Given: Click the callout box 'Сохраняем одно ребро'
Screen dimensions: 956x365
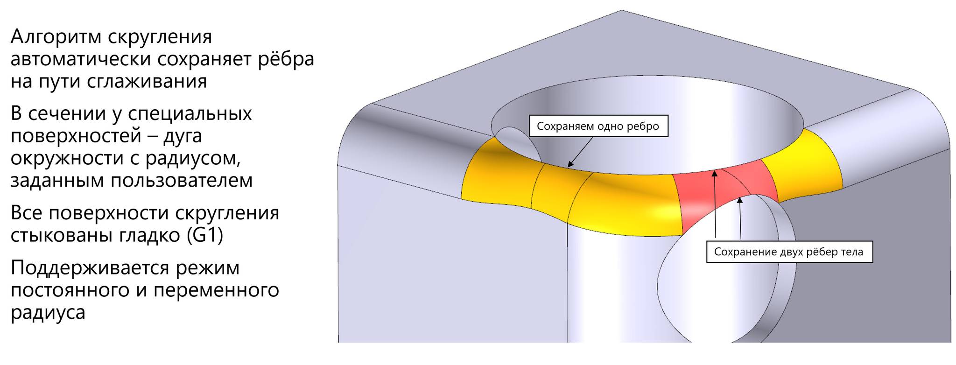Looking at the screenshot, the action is click(x=599, y=126).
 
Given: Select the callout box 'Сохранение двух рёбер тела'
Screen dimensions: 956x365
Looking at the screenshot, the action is click(x=789, y=252).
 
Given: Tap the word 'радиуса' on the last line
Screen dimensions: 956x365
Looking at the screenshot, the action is click(x=48, y=312).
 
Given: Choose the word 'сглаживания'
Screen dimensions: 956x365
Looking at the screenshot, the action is click(x=147, y=82).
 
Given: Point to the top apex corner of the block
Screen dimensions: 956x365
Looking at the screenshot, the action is click(x=621, y=10).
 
